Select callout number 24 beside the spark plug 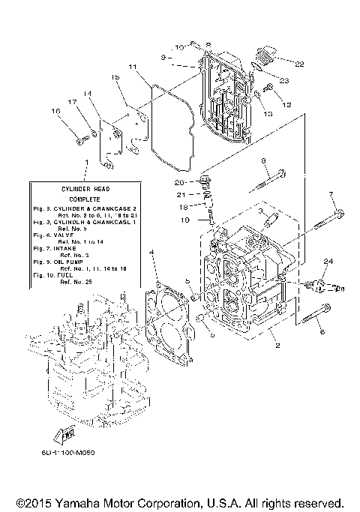(x=327, y=261)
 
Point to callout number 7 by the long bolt (x=331, y=195)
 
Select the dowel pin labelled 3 (x=271, y=220)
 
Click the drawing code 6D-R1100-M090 (x=68, y=452)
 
